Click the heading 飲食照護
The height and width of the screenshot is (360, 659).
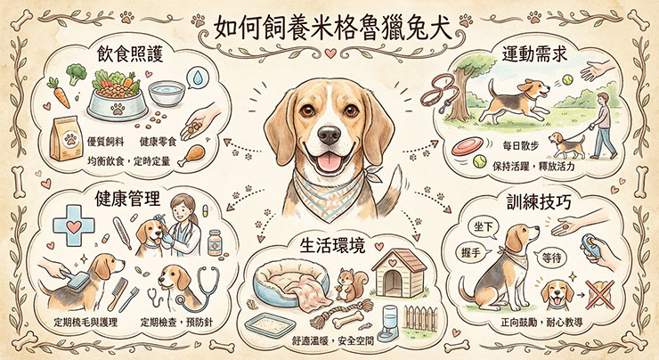[x=129, y=53]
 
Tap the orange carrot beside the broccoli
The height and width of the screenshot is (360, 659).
[x=59, y=93]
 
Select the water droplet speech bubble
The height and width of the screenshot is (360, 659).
[x=198, y=78]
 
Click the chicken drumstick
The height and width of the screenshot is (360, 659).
[x=191, y=155]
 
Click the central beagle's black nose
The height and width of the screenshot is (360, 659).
[x=329, y=135]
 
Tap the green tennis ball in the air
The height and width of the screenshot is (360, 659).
[x=567, y=79]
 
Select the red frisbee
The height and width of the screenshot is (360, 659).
[x=467, y=147]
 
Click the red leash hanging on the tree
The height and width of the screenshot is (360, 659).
[x=440, y=94]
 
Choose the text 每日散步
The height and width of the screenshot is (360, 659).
[x=521, y=145]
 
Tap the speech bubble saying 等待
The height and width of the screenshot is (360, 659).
[x=550, y=258]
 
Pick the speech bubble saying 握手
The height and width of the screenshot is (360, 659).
[x=473, y=253]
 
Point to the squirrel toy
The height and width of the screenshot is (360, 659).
[x=350, y=285]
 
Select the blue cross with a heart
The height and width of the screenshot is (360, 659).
[x=74, y=225]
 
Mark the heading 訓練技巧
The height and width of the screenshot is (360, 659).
[x=539, y=202]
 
